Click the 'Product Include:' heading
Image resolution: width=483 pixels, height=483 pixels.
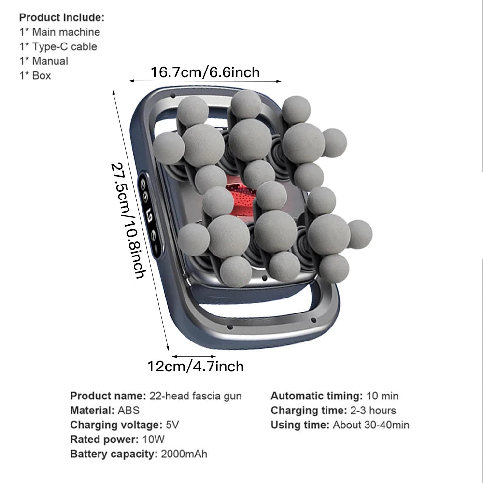[62, 17]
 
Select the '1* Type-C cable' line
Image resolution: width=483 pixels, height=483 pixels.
[58, 46]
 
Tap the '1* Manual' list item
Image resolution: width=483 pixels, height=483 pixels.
[44, 61]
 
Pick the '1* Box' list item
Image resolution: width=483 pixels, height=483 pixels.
[35, 75]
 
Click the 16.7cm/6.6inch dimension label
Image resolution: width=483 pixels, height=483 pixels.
[205, 72]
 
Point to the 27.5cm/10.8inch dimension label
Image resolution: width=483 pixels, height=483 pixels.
[128, 221]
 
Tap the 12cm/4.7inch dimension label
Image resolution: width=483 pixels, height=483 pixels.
[196, 367]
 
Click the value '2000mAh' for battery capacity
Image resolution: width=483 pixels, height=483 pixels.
[184, 454]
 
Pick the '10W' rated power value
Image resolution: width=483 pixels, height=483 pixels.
[153, 440]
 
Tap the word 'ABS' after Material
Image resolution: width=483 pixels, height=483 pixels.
[128, 410]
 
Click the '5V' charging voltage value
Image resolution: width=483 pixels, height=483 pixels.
[172, 425]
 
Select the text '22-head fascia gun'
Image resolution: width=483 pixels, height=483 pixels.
[195, 396]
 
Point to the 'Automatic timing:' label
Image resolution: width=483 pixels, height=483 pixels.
[317, 396]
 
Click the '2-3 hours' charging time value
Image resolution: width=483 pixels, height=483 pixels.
[373, 410]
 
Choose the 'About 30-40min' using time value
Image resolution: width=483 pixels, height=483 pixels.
[371, 425]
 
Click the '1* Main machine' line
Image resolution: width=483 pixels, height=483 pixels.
[60, 32]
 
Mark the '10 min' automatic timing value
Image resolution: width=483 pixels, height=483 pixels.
[382, 396]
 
